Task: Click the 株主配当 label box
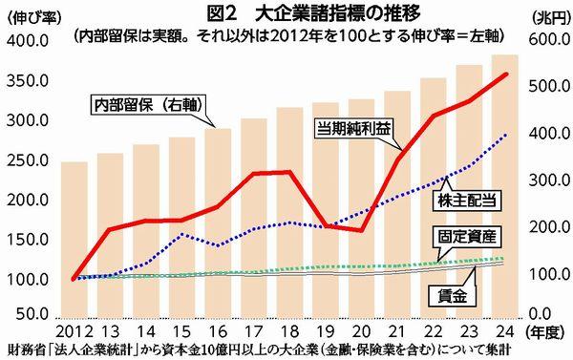pyautogui.click(x=469, y=201)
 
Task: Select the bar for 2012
pyautogui.click(x=74, y=239)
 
